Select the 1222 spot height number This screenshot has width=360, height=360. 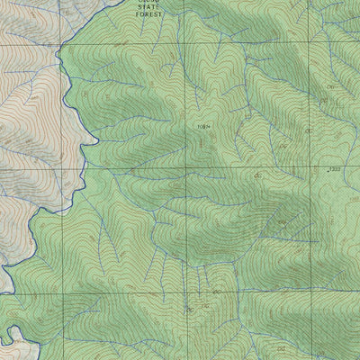point(336,168)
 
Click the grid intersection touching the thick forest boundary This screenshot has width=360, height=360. point(61,41)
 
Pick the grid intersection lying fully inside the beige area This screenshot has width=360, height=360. point(61,167)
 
